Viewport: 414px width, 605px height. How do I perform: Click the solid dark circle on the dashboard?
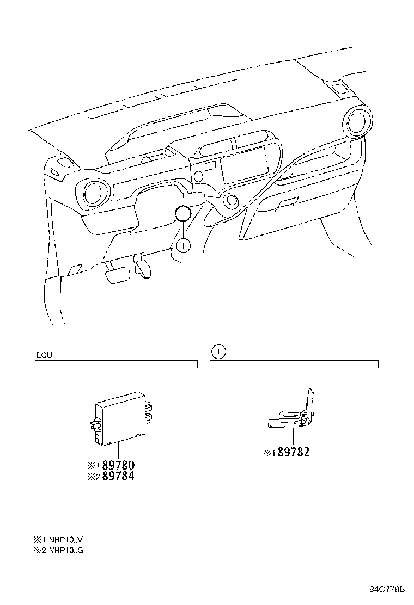click(183, 215)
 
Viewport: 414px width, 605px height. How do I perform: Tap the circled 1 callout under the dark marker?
click(184, 246)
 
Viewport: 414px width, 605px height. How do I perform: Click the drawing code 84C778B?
click(388, 590)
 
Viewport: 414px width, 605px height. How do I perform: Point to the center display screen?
click(245, 163)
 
